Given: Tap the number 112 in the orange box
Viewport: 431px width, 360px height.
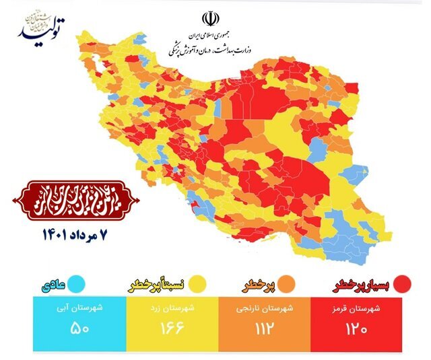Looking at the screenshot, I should [263, 330].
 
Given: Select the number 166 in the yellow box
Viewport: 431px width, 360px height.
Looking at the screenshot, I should [172, 330].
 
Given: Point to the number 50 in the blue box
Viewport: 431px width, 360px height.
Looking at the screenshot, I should [79, 330].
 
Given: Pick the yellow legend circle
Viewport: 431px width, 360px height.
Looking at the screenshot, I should [197, 284].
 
